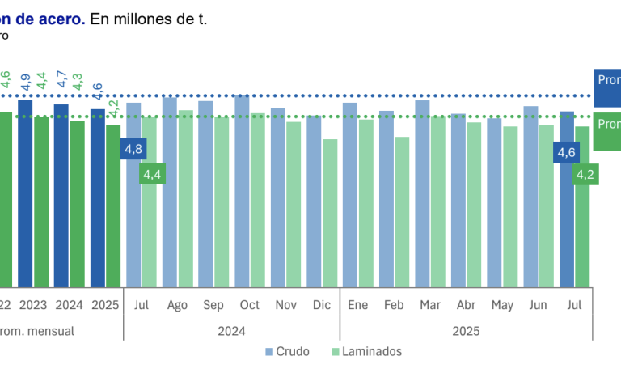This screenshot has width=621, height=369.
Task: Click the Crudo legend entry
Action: click(287, 351)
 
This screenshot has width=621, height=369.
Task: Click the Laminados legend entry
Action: click(366, 351)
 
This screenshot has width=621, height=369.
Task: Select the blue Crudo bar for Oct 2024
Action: click(242, 191)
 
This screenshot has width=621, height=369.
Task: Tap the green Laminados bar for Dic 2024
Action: click(330, 213)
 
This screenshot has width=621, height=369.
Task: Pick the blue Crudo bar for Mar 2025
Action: click(422, 193)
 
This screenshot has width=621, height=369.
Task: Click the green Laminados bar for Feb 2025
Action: click(402, 211)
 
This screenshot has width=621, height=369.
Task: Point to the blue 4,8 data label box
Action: click(133, 149)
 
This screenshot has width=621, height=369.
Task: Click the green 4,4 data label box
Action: click(152, 173)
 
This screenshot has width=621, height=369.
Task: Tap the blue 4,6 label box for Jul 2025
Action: click(566, 151)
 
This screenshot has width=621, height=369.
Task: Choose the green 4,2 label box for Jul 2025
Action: click(585, 173)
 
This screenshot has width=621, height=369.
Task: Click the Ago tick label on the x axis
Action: click(178, 306)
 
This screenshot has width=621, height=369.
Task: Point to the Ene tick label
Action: click(357, 306)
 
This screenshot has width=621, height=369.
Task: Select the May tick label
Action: click(502, 306)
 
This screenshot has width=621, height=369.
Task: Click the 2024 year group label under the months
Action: click(231, 330)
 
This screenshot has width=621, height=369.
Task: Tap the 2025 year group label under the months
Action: click(466, 330)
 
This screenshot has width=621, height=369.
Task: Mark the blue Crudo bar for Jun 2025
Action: click(530, 197)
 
